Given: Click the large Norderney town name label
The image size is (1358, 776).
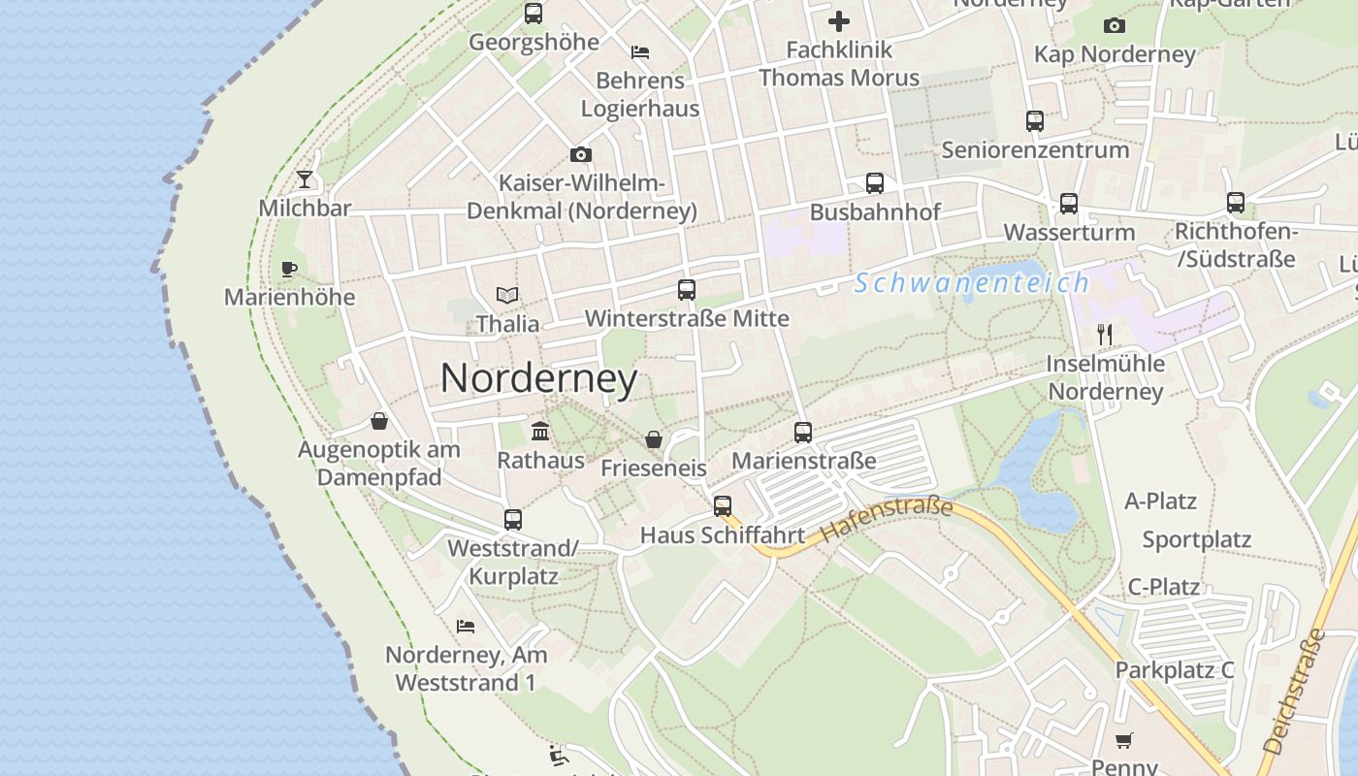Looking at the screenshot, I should [x=539, y=378].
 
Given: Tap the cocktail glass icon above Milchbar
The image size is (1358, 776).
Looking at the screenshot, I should [x=305, y=179].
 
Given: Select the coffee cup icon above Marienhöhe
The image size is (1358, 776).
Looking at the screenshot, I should [x=288, y=269].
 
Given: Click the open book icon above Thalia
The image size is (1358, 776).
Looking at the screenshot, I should [x=507, y=295].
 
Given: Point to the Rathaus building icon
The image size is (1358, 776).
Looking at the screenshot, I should [x=540, y=431].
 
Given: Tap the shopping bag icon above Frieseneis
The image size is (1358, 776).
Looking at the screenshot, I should [x=654, y=439].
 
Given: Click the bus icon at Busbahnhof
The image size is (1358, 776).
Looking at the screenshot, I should [x=875, y=183].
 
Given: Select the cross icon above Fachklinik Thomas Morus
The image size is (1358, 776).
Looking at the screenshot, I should [x=839, y=20].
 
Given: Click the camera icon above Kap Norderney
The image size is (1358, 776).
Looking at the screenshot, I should [x=1115, y=25].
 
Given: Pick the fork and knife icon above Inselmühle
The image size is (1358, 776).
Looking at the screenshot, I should [x=1105, y=335].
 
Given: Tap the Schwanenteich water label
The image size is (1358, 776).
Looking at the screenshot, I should [x=972, y=283].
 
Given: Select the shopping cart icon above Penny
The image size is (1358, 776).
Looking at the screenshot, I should [x=1123, y=741].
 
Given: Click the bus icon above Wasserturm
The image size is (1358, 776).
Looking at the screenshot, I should [x=1069, y=204].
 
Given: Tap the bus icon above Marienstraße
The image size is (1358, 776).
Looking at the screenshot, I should [x=803, y=433].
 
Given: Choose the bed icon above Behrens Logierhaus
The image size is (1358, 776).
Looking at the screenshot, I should [x=640, y=51].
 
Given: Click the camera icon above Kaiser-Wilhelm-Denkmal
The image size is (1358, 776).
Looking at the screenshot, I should [x=581, y=154].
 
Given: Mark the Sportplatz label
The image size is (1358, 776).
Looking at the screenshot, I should [x=1197, y=539].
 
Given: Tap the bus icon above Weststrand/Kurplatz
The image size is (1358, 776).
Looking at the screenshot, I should [x=513, y=520].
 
